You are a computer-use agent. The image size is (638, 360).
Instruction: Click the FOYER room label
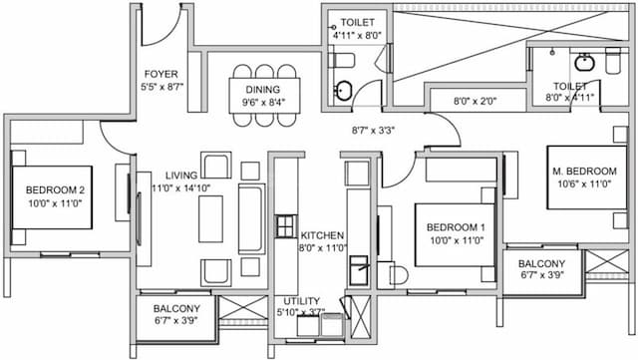(161, 74)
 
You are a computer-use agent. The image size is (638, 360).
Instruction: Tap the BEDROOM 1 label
(450, 225)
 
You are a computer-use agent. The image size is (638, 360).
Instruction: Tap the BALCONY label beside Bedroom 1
(542, 263)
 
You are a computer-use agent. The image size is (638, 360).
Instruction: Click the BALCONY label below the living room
(176, 309)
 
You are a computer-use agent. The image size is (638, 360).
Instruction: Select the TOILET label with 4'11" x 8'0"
(357, 22)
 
